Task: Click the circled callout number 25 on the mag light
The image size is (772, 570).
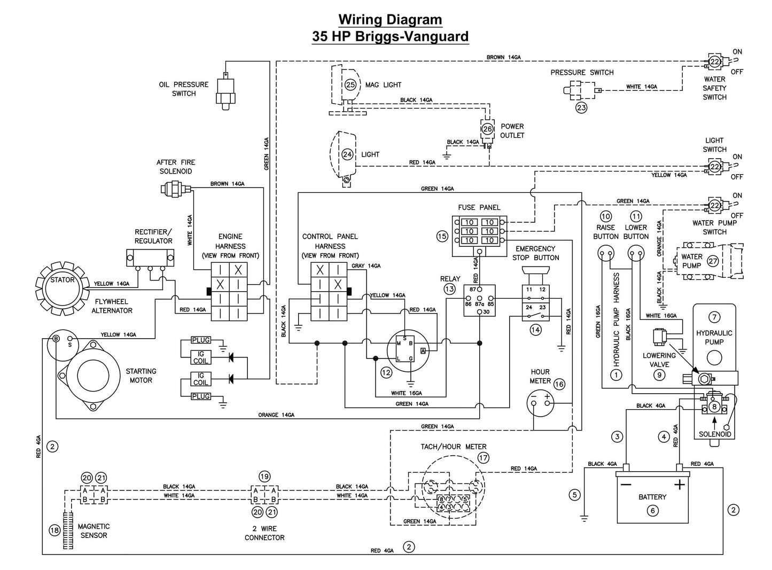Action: (350, 84)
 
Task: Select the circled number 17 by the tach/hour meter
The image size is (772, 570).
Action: (484, 458)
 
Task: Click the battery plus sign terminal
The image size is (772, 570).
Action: (679, 485)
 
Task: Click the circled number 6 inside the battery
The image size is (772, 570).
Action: (652, 511)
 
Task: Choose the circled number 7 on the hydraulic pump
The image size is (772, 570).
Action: (714, 317)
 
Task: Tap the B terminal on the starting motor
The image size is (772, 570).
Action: (55, 339)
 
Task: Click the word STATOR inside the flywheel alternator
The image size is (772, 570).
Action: (63, 279)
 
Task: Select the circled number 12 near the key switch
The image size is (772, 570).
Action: (386, 373)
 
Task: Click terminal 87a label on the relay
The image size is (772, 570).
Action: (479, 303)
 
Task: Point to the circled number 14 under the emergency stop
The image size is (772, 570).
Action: (535, 330)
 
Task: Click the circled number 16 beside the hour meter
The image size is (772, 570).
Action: (559, 384)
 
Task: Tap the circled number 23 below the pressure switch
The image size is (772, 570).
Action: (581, 107)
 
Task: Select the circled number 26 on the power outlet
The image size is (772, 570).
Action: (487, 129)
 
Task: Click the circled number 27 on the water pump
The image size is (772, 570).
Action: (713, 261)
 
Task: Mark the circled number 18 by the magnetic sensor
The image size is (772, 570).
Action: (54, 530)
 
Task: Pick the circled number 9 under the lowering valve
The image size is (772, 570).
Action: (659, 374)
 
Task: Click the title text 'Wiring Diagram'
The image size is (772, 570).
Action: (390, 20)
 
